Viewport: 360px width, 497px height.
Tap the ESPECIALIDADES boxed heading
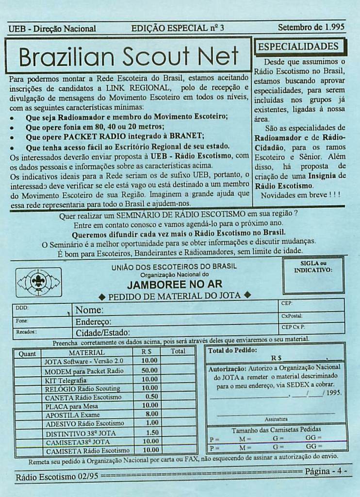[298, 47]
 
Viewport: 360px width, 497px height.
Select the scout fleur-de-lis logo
[38, 282]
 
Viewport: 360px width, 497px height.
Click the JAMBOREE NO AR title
[175, 284]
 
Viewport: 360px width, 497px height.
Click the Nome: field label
[90, 310]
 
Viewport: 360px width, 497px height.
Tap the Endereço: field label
[94, 321]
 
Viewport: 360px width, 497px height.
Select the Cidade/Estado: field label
[103, 333]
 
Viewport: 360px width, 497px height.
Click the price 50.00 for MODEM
[149, 370]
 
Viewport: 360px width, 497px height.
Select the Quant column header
[27, 354]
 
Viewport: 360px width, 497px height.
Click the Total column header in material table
[178, 351]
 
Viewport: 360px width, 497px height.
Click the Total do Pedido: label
[232, 350]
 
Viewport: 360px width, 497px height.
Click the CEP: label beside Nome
[287, 303]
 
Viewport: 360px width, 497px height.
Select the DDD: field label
[22, 308]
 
